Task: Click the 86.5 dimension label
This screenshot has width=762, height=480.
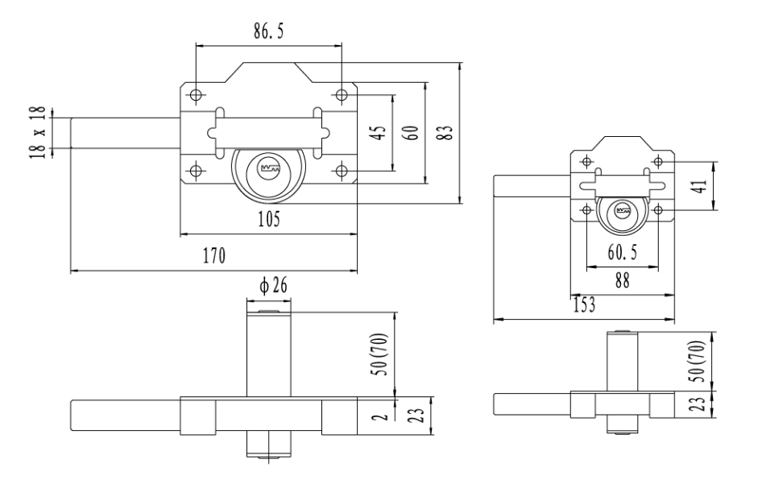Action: [x=268, y=31]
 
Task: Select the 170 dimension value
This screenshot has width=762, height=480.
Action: [x=214, y=255]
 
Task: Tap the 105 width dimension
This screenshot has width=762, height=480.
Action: [x=269, y=219]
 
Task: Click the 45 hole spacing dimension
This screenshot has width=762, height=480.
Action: [x=379, y=133]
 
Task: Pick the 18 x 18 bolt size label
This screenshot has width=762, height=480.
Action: [x=38, y=132]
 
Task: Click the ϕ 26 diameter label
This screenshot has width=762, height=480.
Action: [x=273, y=285]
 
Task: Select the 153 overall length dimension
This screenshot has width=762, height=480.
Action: [x=584, y=304]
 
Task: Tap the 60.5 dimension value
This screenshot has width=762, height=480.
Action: [x=622, y=253]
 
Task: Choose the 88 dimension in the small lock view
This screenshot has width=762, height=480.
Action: [x=622, y=280]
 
